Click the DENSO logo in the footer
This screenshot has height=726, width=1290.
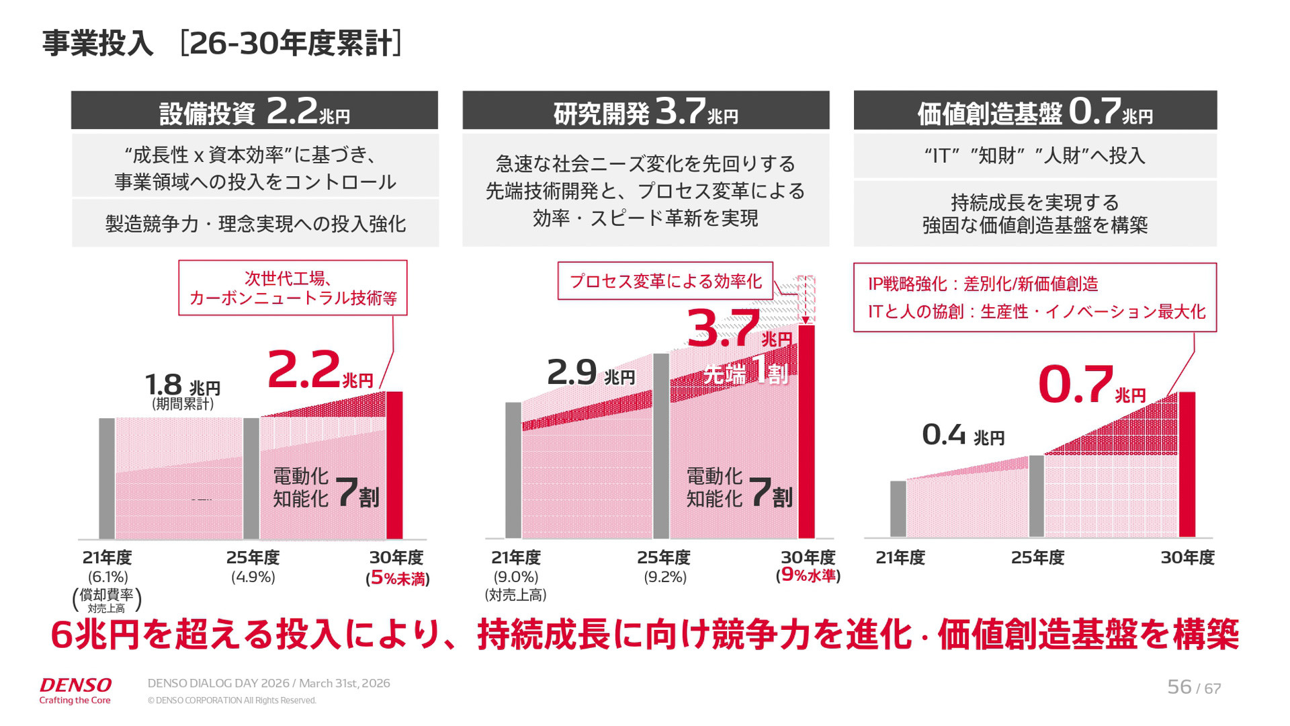click(75, 686)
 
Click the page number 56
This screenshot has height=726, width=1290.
click(1178, 687)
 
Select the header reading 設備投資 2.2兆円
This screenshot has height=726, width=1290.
click(255, 111)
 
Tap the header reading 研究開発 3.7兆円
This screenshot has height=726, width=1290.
click(646, 111)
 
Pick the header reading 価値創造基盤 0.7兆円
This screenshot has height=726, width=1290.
click(1035, 111)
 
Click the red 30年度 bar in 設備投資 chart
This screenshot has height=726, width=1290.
click(394, 465)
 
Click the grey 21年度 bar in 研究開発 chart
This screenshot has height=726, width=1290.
click(513, 471)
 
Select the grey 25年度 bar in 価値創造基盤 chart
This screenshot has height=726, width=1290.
click(1037, 496)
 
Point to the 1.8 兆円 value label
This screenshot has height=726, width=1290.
click(182, 386)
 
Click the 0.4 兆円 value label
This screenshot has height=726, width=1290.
click(963, 436)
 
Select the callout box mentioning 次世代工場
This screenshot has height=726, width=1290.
click(293, 288)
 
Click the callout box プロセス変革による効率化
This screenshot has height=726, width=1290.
click(665, 281)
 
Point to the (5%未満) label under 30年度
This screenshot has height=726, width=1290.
click(398, 578)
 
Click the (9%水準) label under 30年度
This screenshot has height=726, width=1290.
click(808, 575)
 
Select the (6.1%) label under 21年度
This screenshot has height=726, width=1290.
click(107, 577)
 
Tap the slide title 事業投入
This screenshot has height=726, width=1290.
click(98, 44)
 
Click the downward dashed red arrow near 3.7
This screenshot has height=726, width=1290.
click(806, 300)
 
